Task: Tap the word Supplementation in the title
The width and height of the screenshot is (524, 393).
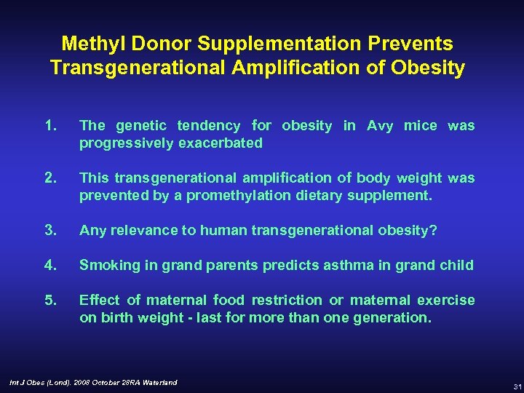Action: click(286, 44)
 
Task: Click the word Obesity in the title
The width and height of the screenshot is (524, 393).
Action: click(429, 68)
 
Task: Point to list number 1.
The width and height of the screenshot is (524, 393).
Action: click(50, 126)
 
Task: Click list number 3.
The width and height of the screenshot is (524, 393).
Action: click(50, 231)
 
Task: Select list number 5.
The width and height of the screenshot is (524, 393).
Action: click(50, 301)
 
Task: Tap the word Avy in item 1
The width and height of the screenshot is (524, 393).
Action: click(380, 126)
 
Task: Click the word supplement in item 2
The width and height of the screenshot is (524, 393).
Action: click(397, 196)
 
